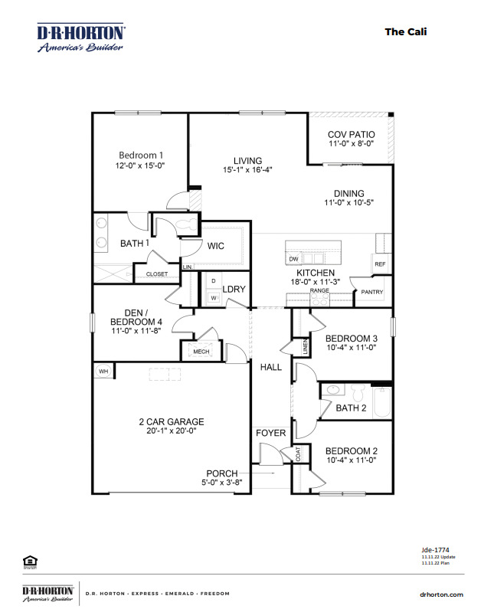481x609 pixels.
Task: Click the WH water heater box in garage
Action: [x=103, y=372]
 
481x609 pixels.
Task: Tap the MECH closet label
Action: [x=201, y=352]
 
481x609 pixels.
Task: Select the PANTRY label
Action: [x=372, y=292]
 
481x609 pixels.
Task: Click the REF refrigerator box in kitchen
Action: [x=380, y=264]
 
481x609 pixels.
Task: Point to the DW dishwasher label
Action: [x=293, y=259]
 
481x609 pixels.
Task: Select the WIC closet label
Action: [x=215, y=246]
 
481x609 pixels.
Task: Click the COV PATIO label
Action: [x=351, y=134]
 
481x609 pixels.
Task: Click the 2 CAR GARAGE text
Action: [x=171, y=421]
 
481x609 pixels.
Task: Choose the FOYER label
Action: [x=270, y=434]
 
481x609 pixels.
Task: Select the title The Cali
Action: [x=405, y=31]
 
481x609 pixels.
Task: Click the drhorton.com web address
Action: [x=442, y=594]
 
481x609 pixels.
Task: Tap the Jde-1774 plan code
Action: [x=434, y=549]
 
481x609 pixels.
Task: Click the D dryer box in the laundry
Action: [x=212, y=281]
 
